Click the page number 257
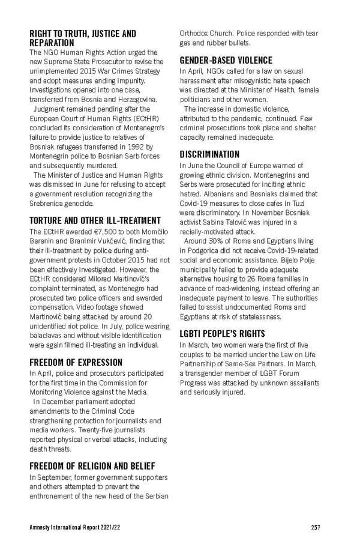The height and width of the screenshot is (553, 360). [x=316, y=528]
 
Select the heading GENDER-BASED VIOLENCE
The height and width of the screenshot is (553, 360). [x=226, y=61]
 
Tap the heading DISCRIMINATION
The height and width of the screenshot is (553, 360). [x=209, y=154]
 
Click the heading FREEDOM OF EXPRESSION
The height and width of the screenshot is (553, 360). [x=76, y=363]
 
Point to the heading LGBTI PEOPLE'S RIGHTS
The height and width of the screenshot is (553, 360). [x=223, y=333]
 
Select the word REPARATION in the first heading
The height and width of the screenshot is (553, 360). [x=52, y=43]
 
